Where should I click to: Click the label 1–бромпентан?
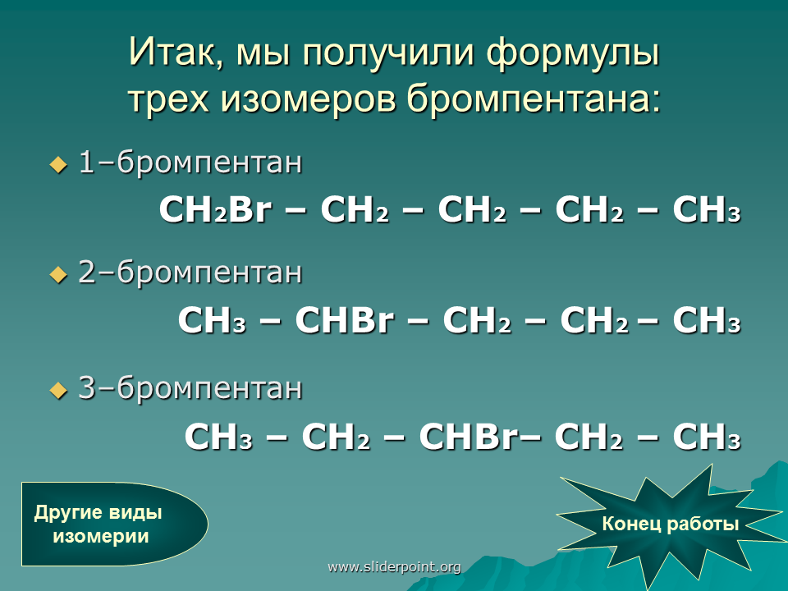(x=190, y=163)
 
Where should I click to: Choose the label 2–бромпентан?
(x=190, y=273)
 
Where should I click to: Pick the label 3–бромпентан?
(x=190, y=388)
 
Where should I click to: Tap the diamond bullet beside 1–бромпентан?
(x=59, y=164)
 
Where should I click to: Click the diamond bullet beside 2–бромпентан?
(x=59, y=274)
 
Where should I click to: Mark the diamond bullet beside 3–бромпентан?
(x=59, y=390)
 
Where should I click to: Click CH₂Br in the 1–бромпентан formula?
(x=215, y=209)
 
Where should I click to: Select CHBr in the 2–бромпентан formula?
(x=344, y=319)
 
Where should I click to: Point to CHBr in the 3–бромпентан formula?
(x=467, y=436)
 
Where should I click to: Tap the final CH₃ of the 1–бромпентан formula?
(x=707, y=209)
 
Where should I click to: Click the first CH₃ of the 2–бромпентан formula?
(x=212, y=319)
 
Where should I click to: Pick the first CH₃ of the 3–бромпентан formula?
(x=218, y=436)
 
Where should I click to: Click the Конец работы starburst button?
(x=670, y=525)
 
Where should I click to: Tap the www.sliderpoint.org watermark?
(x=394, y=567)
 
